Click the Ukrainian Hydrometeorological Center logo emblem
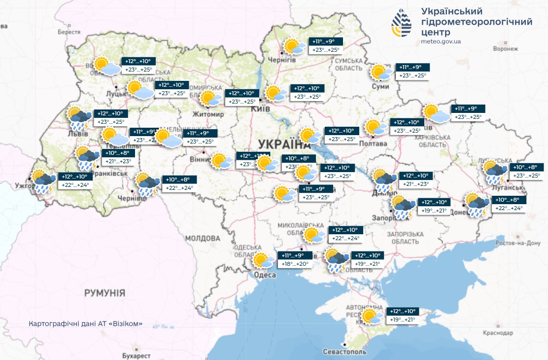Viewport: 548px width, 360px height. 402,23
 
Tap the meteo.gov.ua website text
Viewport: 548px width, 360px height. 441,41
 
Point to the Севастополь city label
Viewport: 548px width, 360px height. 344,352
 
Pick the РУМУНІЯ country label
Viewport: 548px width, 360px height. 104,293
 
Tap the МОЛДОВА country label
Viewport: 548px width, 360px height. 202,238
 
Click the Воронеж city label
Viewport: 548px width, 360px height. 505,49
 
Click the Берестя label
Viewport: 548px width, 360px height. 69,32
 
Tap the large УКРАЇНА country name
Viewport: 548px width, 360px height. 281,144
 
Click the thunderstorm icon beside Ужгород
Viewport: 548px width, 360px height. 44,181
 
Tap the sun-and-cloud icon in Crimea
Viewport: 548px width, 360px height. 372,316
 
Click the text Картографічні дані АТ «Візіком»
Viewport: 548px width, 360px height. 86,324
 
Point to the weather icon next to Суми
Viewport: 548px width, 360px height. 382,72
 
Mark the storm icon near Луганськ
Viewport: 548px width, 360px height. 495,171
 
